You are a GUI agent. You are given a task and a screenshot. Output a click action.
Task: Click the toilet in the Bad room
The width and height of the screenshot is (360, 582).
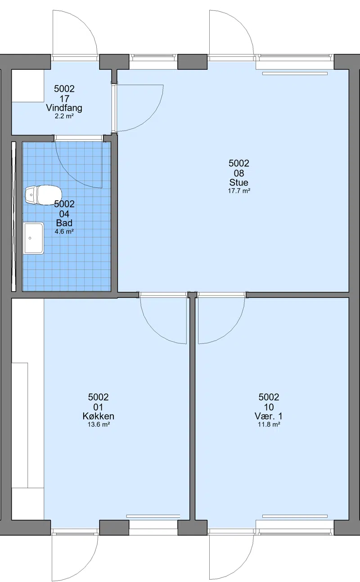43,194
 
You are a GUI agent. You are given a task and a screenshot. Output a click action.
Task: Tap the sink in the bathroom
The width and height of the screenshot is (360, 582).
34,238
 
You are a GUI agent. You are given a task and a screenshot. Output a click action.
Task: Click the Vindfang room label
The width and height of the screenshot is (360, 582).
64,108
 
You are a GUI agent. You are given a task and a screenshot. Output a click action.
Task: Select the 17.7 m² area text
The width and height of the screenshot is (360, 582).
239,191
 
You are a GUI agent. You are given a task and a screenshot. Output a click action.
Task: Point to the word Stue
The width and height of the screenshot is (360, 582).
238,182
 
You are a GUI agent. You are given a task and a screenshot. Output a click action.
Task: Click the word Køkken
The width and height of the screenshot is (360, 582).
99,416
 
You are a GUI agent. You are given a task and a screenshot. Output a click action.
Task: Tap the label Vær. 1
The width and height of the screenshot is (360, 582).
269,416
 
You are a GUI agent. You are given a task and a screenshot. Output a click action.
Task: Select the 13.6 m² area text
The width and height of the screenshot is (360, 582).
99,424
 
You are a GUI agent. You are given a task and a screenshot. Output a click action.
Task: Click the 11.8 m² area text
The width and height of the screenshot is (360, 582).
269,424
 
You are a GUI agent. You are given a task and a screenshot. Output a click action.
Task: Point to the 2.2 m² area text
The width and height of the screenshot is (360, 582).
64,116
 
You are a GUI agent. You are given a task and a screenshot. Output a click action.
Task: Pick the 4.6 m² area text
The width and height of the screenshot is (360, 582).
64,231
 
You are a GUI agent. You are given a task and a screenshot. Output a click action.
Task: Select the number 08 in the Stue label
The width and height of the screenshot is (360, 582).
238,173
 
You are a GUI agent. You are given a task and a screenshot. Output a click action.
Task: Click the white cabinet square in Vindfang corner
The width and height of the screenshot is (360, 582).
28,86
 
